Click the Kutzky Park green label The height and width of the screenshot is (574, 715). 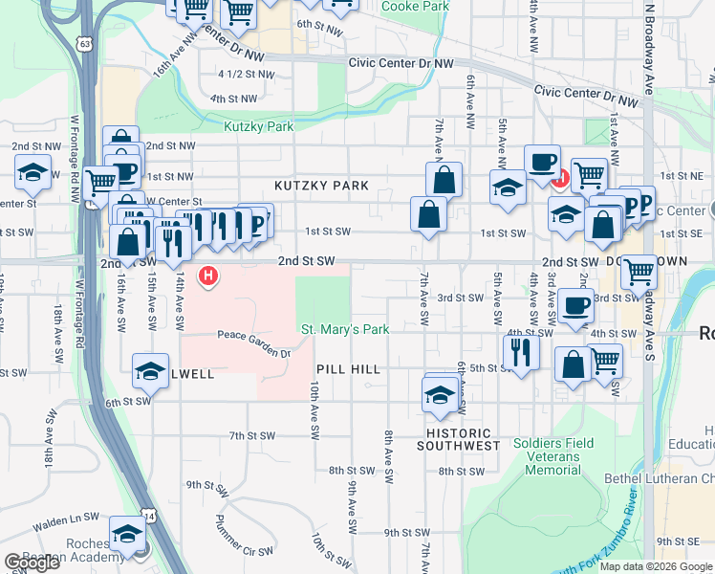click(258, 126)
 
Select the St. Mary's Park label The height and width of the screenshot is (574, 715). click(345, 330)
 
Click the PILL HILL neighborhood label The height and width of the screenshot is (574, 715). click(349, 368)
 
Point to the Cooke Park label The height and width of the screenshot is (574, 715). click(415, 7)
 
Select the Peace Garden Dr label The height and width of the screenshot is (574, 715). click(253, 352)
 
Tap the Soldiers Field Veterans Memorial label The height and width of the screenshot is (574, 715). click(552, 456)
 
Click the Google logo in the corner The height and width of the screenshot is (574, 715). click(31, 563)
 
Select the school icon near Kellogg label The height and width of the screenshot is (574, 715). click(150, 373)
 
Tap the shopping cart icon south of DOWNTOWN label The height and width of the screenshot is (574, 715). click(639, 272)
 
